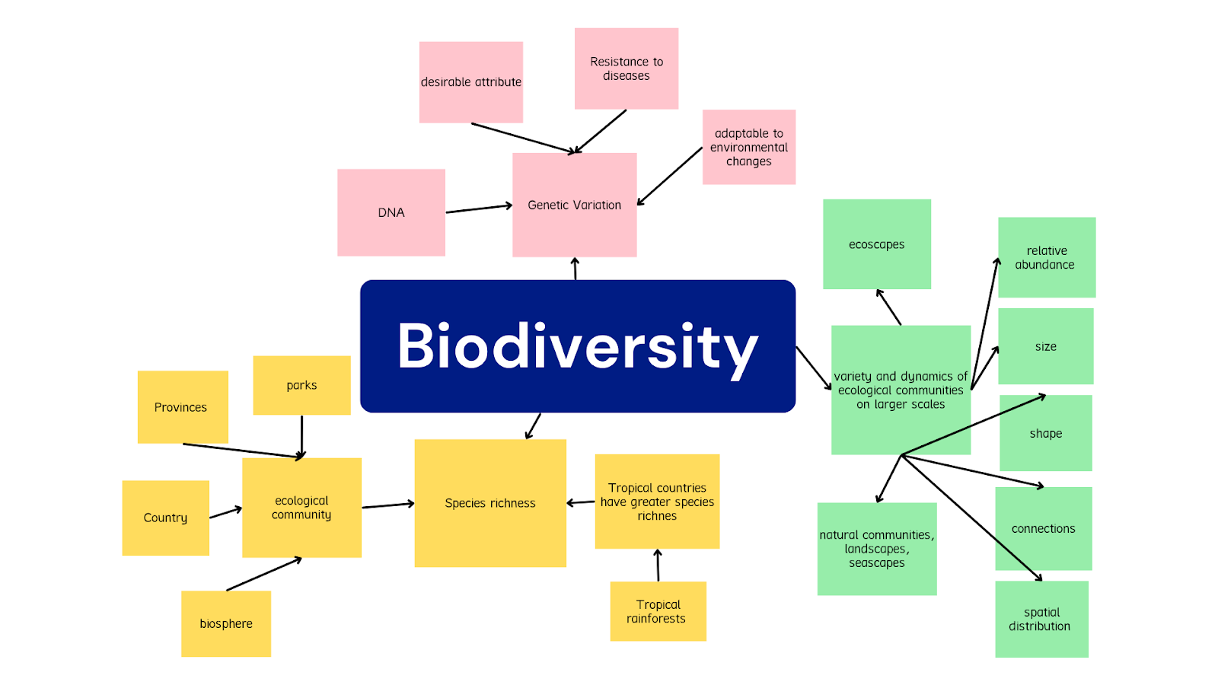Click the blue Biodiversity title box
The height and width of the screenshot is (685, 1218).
pos(578,346)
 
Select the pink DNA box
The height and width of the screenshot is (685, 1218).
pos(391,212)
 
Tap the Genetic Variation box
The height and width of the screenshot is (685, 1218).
pos(575,205)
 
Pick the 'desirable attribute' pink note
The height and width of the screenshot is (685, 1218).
pos(471,82)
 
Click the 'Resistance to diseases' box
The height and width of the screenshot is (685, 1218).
pos(627,68)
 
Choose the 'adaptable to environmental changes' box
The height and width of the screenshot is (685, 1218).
pos(749,147)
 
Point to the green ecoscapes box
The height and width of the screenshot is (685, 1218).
pos(877,244)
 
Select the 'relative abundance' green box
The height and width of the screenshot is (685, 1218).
pos(1047,257)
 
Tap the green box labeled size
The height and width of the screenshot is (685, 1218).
pos(1046,346)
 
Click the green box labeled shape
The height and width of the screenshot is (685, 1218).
pos(1046,433)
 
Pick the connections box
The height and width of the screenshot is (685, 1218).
pos(1044,528)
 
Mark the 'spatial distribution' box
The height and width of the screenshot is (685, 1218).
pos(1041,620)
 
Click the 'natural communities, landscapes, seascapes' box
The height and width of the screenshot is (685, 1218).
pos(877,549)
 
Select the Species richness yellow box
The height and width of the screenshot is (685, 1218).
pos(490,503)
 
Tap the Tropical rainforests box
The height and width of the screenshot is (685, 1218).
pos(658,611)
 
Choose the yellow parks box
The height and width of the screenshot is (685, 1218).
pos(301,385)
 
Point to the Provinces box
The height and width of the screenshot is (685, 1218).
pos(183,407)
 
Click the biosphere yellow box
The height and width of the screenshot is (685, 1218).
pos(226,623)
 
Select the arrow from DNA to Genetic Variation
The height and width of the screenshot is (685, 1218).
pos(479,209)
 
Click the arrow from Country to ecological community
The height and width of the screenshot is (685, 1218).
pos(225,513)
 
